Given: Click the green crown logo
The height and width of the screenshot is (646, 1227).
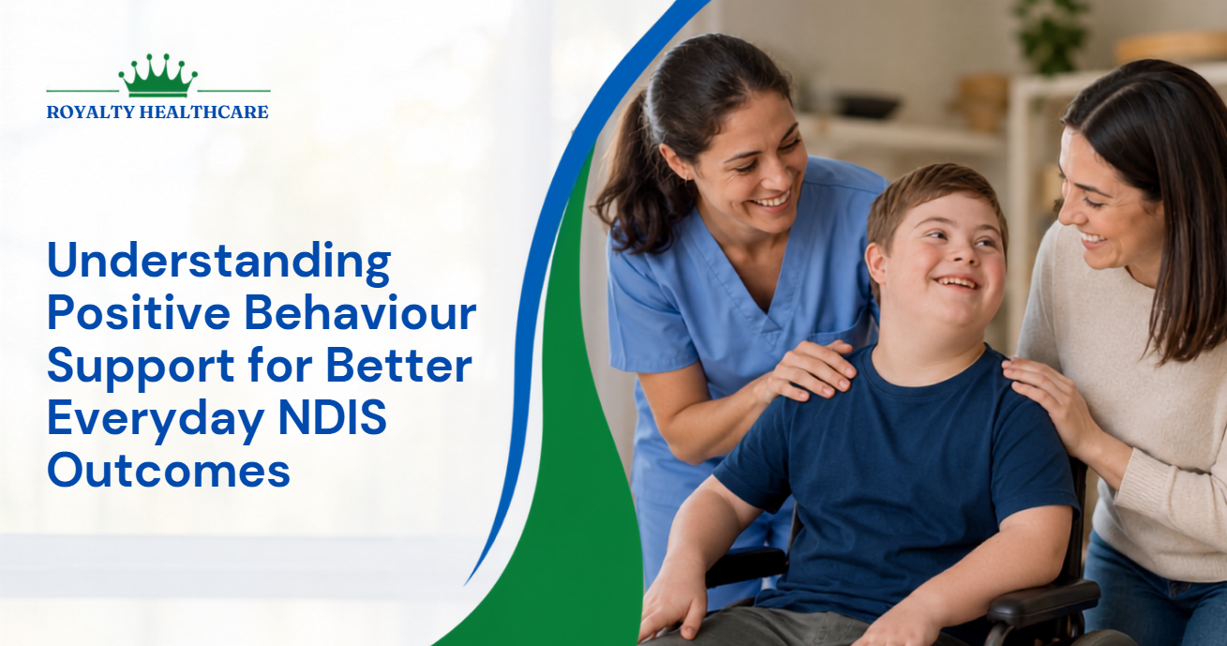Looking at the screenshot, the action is (x=157, y=76).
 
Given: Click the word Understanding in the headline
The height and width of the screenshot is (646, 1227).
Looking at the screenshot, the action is (x=219, y=263).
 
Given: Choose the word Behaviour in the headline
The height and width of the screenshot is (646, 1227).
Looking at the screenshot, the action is (x=360, y=312).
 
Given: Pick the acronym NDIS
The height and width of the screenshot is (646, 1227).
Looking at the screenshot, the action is (x=333, y=417).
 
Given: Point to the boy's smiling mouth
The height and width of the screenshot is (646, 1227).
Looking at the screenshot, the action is (x=956, y=283).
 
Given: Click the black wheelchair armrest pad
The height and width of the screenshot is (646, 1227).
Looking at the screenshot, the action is (x=1043, y=598).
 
